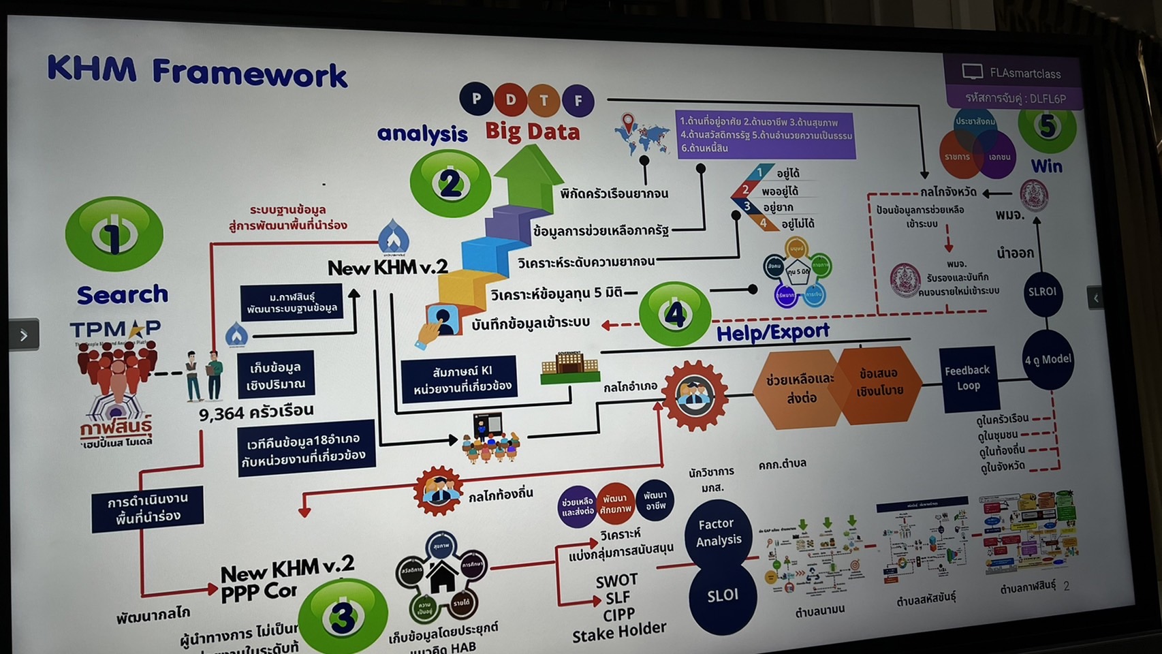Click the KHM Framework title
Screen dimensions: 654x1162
pos(197,72)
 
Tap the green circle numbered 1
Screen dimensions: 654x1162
pos(114,234)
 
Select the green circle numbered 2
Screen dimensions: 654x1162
pos(450,183)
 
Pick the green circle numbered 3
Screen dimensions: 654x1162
pos(343,615)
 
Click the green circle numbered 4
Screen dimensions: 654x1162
pos(674,314)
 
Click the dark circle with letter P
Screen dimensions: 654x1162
pos(477,99)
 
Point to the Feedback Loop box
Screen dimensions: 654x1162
pos(967,378)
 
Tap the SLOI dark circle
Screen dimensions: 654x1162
pos(722,595)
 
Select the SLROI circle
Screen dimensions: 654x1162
pos(1042,292)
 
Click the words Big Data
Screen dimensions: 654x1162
pos(532,131)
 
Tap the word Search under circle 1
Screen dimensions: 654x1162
pos(123,294)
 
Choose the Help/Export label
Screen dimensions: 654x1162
pos(772,332)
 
